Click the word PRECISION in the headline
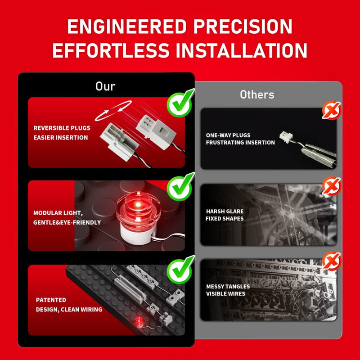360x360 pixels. pos(243,27)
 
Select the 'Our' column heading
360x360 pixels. pos(105,86)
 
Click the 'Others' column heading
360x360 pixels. pos(257,94)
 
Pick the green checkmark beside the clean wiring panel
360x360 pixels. pos(181,270)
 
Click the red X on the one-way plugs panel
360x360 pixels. pos(332,110)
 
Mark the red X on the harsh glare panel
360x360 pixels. pos(332,186)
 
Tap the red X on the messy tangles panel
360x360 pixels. pos(332,261)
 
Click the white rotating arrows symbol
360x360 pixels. pos(113,111)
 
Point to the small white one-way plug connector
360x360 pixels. pos(286,137)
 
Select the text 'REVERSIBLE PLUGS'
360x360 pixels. pos(62,128)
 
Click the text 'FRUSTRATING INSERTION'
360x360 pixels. pos(240,143)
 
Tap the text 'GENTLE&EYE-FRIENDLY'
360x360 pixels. pos(67,222)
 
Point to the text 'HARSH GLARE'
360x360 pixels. pos(225,211)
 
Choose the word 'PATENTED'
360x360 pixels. pos(51,300)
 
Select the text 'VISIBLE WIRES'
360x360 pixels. pos(226,294)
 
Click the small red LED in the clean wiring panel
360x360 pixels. pos(139,322)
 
